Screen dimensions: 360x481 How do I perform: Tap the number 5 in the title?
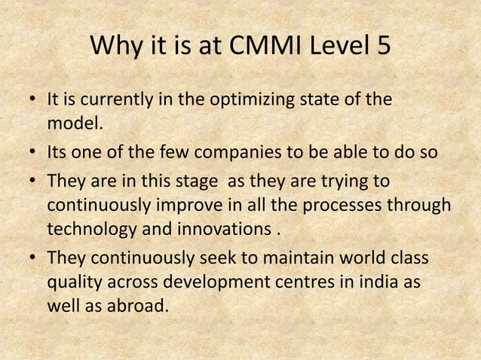click(382, 47)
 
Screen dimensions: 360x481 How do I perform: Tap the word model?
click(75, 124)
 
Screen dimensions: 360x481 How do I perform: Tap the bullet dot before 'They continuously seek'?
click(35, 260)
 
